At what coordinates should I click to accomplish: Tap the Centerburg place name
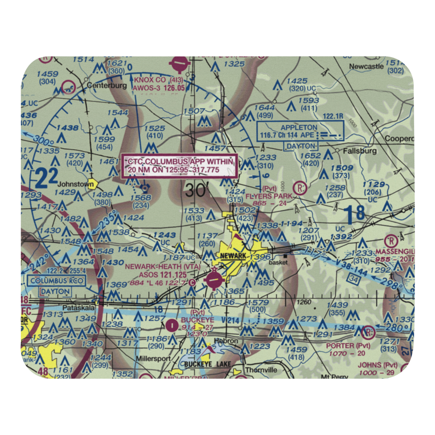pos(107,86)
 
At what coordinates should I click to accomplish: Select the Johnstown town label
pos(76,184)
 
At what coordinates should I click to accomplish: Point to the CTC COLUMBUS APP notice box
pos(180,165)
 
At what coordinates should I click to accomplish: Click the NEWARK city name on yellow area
pos(233,256)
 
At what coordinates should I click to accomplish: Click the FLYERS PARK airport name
pos(268,196)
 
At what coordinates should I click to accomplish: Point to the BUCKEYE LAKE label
pos(207,364)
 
